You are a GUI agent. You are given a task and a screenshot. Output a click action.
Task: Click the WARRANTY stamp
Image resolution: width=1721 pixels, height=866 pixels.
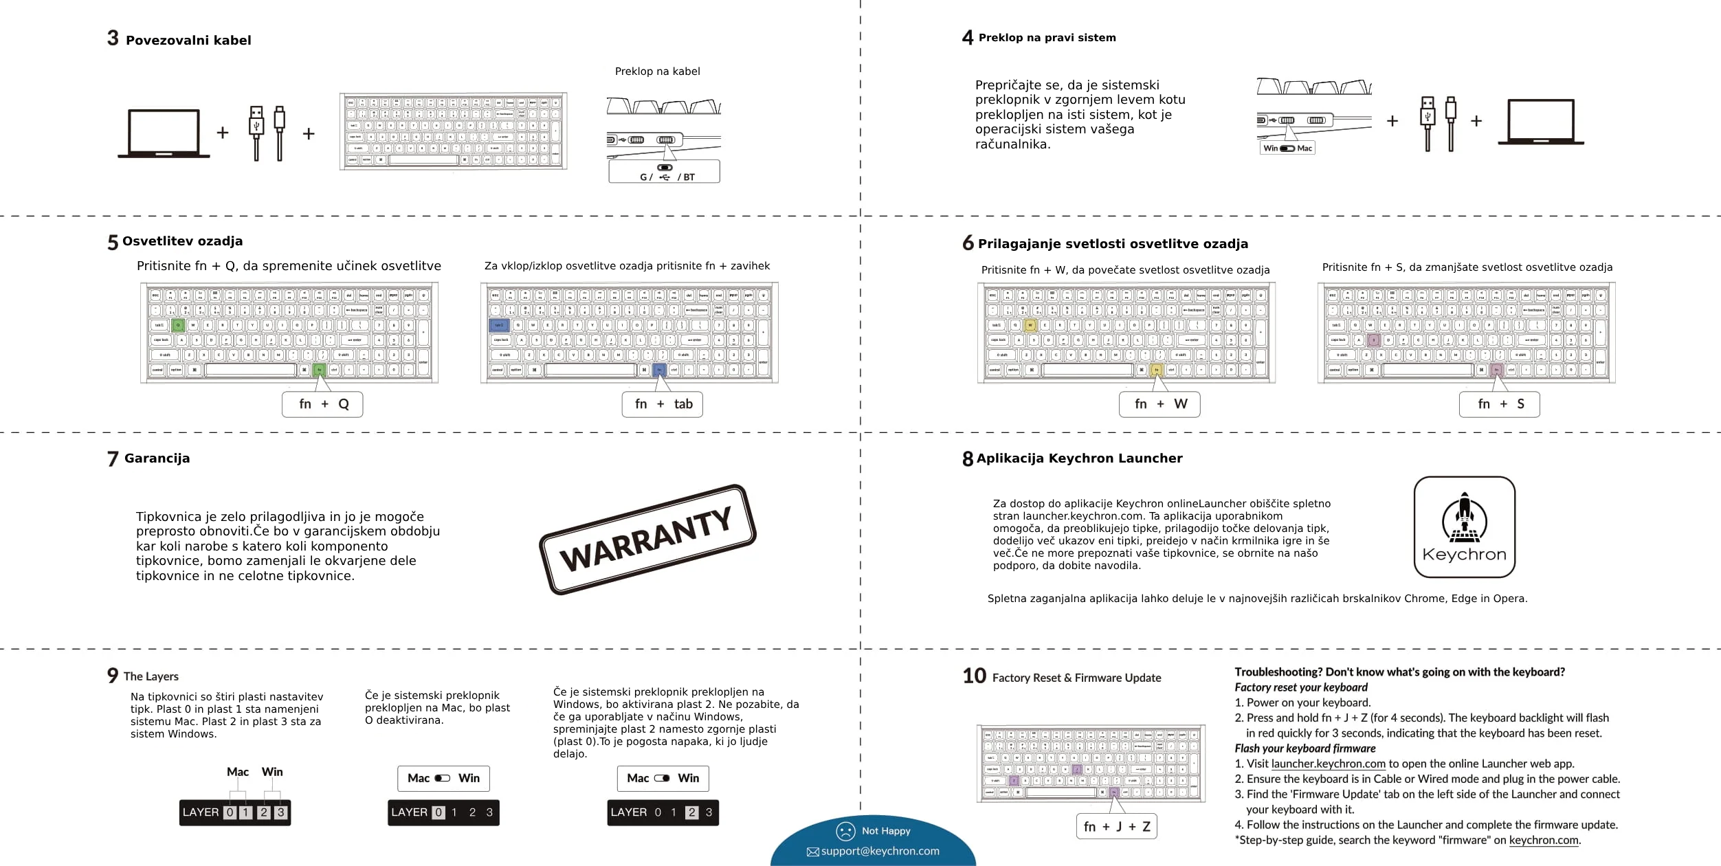click(x=647, y=540)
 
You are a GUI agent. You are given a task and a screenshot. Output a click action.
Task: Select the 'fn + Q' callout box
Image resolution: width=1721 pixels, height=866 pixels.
click(x=322, y=404)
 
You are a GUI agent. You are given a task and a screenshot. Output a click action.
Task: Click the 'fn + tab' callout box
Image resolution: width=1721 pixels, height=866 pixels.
click(x=663, y=404)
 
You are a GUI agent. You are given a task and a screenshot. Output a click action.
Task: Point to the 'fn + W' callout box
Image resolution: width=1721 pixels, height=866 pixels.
click(x=1159, y=404)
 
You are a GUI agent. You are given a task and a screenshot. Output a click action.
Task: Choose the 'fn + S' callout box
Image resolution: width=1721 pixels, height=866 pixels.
click(x=1499, y=404)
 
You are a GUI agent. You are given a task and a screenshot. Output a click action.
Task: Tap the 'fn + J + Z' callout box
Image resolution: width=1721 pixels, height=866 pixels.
click(x=1116, y=826)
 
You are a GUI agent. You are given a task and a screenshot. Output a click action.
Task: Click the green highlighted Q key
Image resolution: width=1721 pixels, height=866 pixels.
click(x=178, y=325)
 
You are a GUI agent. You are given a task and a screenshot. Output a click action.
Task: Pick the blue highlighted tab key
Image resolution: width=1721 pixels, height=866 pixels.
click(x=498, y=325)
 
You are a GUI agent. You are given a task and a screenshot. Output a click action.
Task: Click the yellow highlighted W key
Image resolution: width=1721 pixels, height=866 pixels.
click(x=1030, y=325)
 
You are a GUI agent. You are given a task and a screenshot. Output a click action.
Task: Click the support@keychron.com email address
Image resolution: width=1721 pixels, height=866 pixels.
click(x=880, y=851)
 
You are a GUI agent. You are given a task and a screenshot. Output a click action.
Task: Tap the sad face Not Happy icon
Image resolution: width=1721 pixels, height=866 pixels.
click(x=845, y=831)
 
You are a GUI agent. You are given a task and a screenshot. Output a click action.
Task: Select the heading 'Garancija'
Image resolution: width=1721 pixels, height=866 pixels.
click(x=157, y=458)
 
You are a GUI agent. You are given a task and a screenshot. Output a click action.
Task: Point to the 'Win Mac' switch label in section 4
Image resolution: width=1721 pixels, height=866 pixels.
click(x=1287, y=148)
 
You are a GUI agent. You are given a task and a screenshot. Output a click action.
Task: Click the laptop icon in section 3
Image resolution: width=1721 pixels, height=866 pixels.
click(x=164, y=133)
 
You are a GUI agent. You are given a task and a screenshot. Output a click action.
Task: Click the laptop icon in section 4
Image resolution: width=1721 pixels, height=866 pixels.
click(x=1540, y=122)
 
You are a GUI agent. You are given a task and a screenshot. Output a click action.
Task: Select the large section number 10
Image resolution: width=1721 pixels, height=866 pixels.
click(x=974, y=676)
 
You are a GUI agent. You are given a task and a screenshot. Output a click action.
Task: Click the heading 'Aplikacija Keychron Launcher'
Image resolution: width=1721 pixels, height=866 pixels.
click(x=1079, y=458)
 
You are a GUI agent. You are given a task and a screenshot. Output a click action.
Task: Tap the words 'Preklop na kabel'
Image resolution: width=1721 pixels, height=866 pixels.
click(x=657, y=71)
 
